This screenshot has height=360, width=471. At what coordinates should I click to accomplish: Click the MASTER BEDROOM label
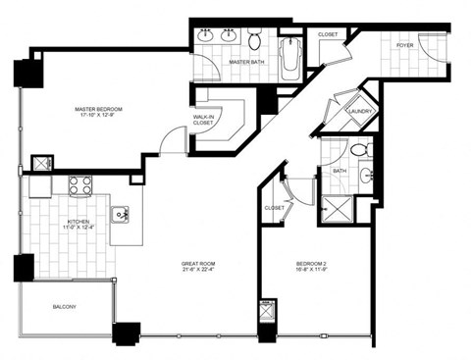(x=101, y=109)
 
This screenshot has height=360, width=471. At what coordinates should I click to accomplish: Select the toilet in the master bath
(x=254, y=41)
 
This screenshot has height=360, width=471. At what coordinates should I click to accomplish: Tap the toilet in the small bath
(x=358, y=150)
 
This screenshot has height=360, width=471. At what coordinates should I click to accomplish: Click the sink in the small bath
(x=366, y=177)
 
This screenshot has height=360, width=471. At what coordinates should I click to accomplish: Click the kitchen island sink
(x=122, y=212)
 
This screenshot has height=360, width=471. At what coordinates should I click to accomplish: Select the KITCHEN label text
(x=78, y=222)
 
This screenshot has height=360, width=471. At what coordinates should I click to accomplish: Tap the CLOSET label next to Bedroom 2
(x=275, y=208)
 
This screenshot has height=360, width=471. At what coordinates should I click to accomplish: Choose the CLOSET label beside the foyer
(x=328, y=34)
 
